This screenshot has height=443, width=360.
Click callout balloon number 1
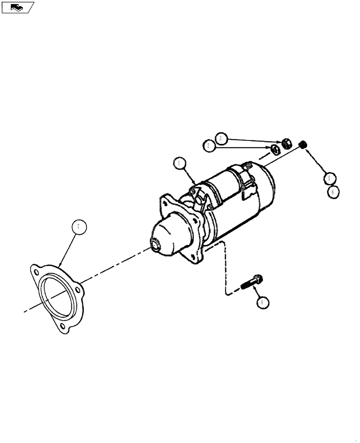pyautogui.click(x=179, y=163)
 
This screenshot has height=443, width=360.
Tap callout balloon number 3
pyautogui.click(x=222, y=138)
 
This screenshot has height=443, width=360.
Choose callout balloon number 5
pyautogui.click(x=329, y=178)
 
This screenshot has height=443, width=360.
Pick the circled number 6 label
pyautogui.click(x=334, y=192)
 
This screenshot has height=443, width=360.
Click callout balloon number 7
pyautogui.click(x=78, y=227)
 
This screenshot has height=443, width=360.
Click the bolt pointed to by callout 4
pyautogui.click(x=252, y=282)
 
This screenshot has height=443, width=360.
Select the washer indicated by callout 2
pyautogui.click(x=275, y=149)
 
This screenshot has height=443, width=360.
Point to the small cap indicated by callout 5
pyautogui.click(x=304, y=144)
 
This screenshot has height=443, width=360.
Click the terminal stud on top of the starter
pyautogui.click(x=248, y=165)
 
